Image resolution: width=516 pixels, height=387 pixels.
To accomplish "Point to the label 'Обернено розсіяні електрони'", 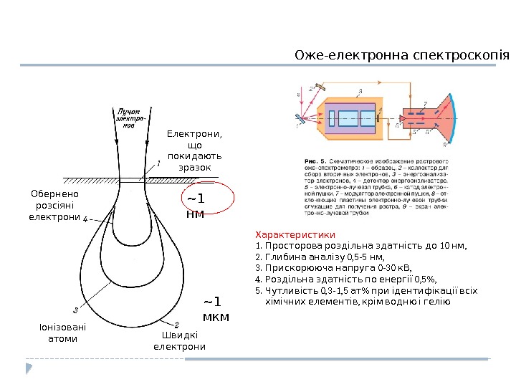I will pos(54,205).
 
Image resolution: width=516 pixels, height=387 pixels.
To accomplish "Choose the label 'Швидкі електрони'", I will pos(179,340).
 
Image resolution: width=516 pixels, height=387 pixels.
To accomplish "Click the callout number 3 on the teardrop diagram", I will pos(76,310).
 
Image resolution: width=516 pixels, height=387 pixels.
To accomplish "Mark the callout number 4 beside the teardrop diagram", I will pos(85,219).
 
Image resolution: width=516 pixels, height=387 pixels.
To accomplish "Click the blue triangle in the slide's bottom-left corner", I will pos(29,368).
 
